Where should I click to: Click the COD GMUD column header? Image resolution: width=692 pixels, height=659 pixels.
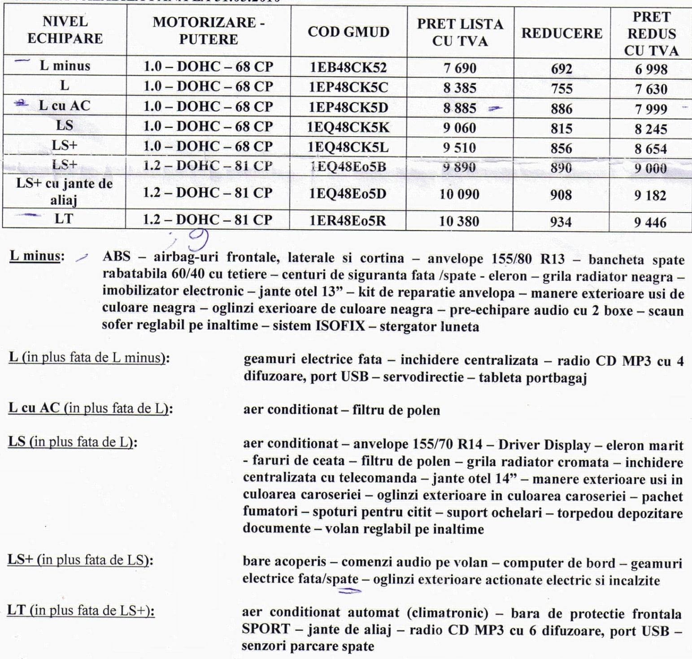click(348, 32)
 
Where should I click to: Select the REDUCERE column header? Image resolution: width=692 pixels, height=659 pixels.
click(561, 33)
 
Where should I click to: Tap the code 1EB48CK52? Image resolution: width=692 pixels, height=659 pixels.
click(348, 68)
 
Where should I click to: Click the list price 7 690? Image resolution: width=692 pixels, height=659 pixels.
click(460, 69)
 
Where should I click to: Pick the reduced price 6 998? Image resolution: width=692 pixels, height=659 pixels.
click(651, 69)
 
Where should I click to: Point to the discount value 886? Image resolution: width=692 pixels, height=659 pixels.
click(561, 108)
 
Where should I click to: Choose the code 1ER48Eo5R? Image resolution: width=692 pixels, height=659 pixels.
click(348, 221)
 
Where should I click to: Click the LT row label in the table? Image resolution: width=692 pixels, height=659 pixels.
click(63, 220)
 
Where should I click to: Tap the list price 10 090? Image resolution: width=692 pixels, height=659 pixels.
click(459, 194)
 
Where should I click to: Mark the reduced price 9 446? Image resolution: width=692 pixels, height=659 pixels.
click(650, 222)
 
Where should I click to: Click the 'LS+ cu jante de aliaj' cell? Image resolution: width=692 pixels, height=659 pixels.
click(64, 191)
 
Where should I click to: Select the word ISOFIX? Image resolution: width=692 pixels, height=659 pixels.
click(340, 326)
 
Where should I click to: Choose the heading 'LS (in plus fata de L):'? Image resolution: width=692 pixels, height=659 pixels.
click(73, 442)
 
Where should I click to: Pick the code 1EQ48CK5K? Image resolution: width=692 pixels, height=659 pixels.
click(348, 127)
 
